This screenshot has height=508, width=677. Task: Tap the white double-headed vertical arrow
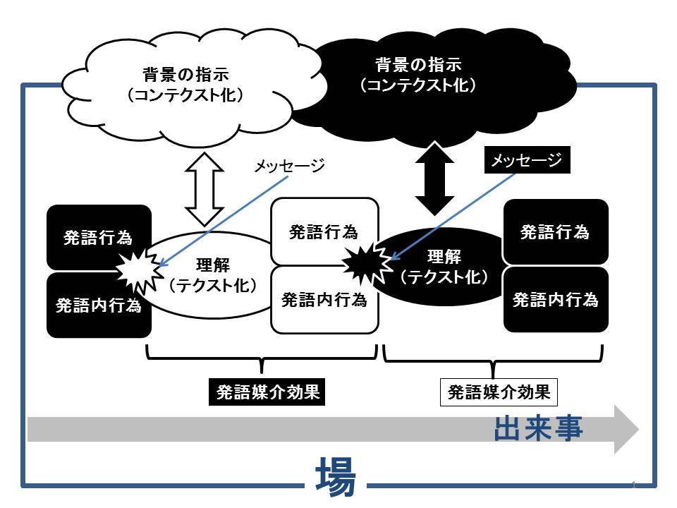click(x=205, y=189)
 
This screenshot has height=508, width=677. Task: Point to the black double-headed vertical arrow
click(x=435, y=178)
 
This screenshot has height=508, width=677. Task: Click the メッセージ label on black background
click(x=527, y=160)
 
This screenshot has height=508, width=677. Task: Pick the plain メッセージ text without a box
click(x=289, y=165)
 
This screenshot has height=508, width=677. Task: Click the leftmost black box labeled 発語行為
click(x=99, y=237)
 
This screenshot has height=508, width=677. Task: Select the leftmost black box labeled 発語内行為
click(x=99, y=305)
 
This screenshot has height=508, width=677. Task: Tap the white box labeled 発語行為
click(x=324, y=231)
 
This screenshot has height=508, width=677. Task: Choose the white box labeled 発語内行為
click(x=324, y=300)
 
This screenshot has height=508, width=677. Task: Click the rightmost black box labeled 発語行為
click(x=556, y=231)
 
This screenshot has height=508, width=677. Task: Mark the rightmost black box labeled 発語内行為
click(x=556, y=299)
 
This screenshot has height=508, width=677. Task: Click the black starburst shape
click(x=367, y=263)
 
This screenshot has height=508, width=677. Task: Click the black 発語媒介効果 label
click(x=267, y=392)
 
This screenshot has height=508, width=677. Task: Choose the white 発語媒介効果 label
click(x=499, y=392)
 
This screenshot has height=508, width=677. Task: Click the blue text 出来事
click(x=539, y=428)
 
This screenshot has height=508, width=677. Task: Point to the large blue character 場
click(x=336, y=477)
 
